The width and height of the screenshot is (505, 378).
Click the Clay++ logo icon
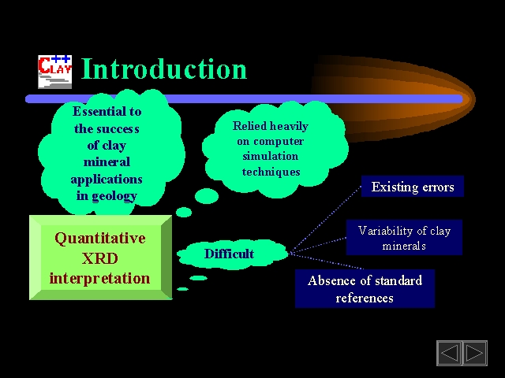[x=54, y=72]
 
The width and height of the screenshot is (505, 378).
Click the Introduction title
[x=164, y=69]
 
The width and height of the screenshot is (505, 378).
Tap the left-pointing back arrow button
[x=449, y=353]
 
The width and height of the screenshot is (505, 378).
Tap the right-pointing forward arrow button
[x=475, y=353]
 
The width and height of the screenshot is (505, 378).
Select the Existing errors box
[x=413, y=187]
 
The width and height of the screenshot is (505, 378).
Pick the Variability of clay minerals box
[x=404, y=238]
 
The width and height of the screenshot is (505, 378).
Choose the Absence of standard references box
[x=365, y=289]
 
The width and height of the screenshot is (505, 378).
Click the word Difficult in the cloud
[x=229, y=254]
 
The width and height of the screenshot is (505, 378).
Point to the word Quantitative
[x=100, y=239]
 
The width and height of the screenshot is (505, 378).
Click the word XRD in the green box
[x=100, y=258]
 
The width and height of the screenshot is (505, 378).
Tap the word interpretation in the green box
[x=100, y=278]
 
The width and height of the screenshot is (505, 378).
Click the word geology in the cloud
[x=114, y=196]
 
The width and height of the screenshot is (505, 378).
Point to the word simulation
[x=271, y=156]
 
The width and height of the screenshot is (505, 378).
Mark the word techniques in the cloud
[x=271, y=172]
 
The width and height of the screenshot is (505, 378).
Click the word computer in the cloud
[x=279, y=142]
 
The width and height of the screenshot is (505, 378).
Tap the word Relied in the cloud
[x=249, y=126]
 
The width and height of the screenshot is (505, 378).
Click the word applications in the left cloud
[x=107, y=180]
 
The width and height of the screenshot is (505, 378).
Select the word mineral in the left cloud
[x=107, y=161]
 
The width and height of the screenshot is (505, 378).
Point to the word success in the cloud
[x=118, y=129]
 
